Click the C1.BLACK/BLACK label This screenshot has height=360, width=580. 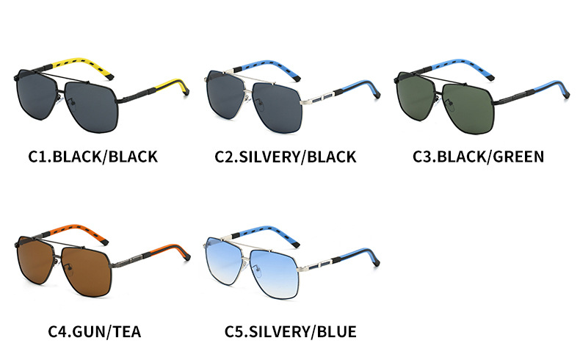(93, 156)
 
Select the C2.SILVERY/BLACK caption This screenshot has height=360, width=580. (286, 156)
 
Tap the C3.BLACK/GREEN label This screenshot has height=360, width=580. (478, 156)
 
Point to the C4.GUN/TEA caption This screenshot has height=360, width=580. (95, 331)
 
